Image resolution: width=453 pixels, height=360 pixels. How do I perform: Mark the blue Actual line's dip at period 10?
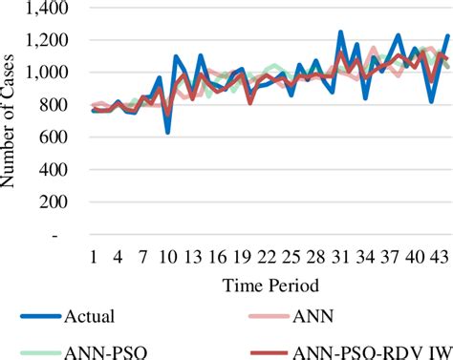tap(168, 132)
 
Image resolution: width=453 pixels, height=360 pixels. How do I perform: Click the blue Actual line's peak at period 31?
tap(340, 32)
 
